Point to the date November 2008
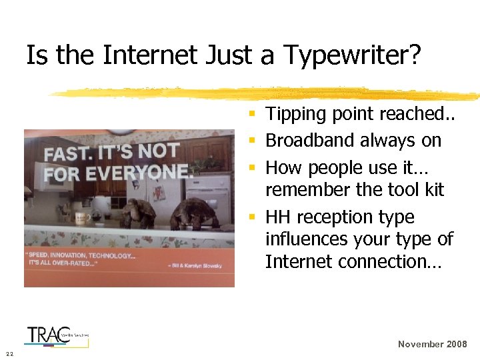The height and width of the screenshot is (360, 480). point(431,344)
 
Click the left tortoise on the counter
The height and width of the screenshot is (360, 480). point(138,213)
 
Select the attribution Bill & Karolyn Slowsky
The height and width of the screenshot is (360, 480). point(196,265)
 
